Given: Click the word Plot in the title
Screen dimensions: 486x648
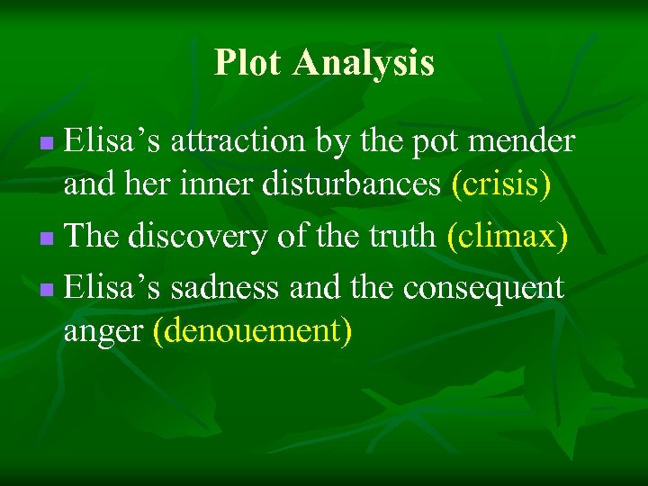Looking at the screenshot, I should point(248,63).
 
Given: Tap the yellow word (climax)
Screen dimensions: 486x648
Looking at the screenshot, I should point(507,237).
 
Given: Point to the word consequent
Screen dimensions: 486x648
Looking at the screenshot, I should point(483,288).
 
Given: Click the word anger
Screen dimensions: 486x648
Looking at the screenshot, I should point(103,332).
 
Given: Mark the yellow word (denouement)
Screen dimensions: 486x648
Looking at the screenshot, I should point(252,332).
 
